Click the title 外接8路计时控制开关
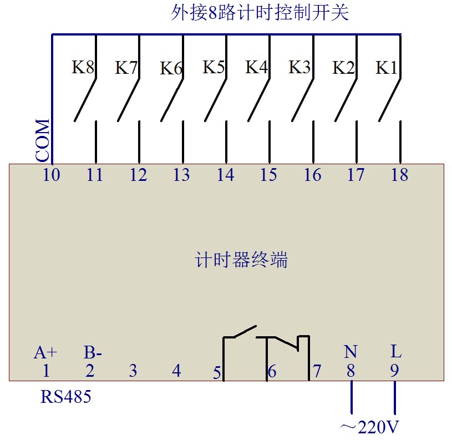click(x=260, y=13)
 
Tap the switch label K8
click(x=83, y=68)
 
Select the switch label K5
click(x=214, y=67)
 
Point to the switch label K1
click(x=387, y=68)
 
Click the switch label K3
click(x=299, y=67)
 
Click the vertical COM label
click(x=43, y=140)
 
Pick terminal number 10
click(x=52, y=175)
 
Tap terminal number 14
click(x=225, y=175)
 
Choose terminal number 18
click(x=399, y=175)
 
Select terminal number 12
click(x=138, y=175)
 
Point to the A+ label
click(x=45, y=352)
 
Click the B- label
click(x=93, y=352)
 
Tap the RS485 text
click(x=65, y=397)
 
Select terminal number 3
click(x=133, y=371)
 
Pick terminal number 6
click(x=272, y=372)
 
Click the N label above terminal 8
click(x=351, y=352)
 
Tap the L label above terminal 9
click(x=395, y=351)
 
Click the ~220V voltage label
click(x=369, y=427)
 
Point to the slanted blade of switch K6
click(x=172, y=101)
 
